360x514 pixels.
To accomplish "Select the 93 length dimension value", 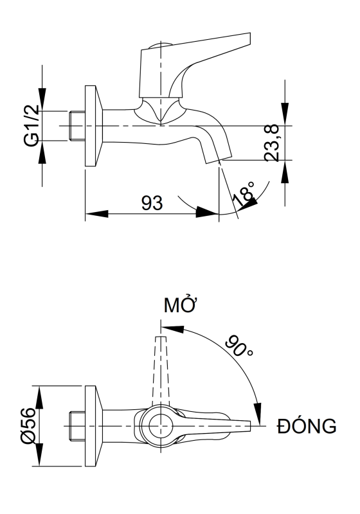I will click(x=151, y=202).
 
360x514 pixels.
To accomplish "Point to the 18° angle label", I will click(x=244, y=193).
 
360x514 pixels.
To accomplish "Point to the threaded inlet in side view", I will click(x=76, y=126).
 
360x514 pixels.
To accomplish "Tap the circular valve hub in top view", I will click(x=158, y=426).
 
